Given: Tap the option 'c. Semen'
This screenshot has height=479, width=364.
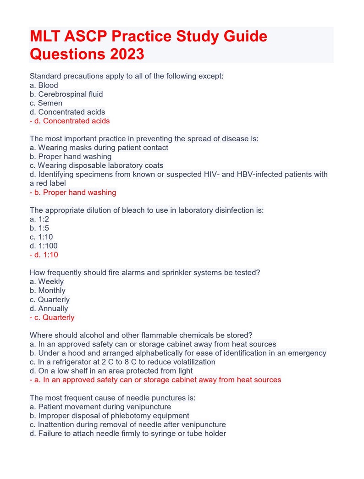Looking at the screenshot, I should [46, 103].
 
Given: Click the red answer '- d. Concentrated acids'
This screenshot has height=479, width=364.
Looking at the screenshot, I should [70, 121].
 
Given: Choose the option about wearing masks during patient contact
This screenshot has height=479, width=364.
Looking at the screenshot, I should [99, 148].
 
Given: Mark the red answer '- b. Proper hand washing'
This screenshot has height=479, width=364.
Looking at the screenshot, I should [73, 193].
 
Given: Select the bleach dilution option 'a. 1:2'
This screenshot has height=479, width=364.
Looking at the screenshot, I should [39, 219].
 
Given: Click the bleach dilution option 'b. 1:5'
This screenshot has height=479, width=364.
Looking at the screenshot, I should [39, 228].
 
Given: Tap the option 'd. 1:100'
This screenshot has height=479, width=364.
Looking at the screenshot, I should [44, 246].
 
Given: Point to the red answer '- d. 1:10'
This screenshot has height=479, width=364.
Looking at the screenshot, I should [44, 255].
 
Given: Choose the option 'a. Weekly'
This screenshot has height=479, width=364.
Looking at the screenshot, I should [47, 281].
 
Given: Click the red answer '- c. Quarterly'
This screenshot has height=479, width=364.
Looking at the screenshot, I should [52, 317].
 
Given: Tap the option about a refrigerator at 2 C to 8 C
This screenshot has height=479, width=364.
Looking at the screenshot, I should [122, 362].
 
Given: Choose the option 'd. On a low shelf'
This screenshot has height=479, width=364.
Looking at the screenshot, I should [111, 371].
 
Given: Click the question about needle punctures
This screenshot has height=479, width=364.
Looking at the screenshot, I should [113, 398].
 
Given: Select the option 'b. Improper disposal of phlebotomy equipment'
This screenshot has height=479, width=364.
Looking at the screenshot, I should [109, 416].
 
